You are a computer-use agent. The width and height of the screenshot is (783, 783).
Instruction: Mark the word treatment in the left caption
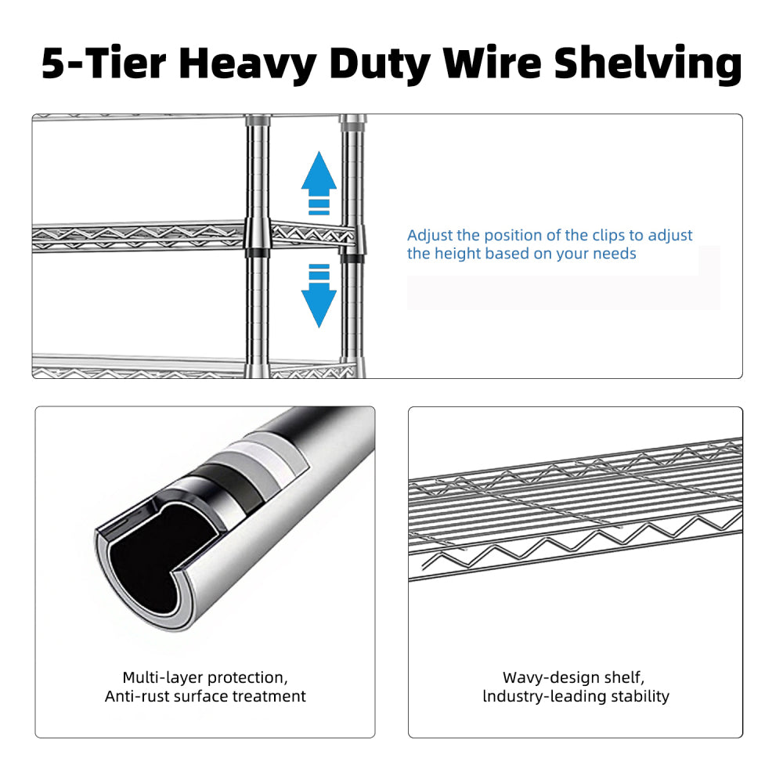tap(273, 696)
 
